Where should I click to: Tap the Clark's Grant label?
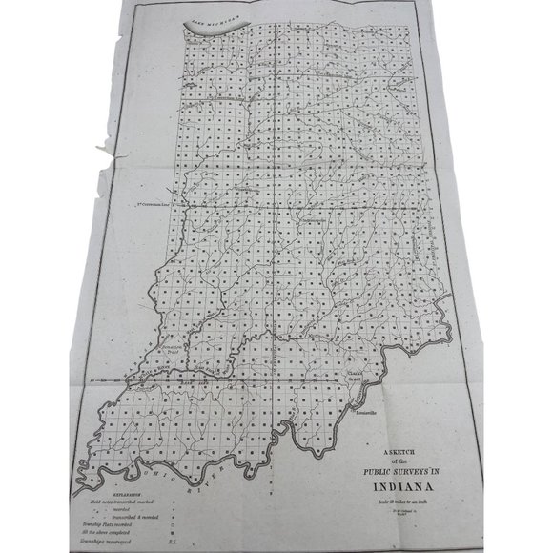pos(356,373)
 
